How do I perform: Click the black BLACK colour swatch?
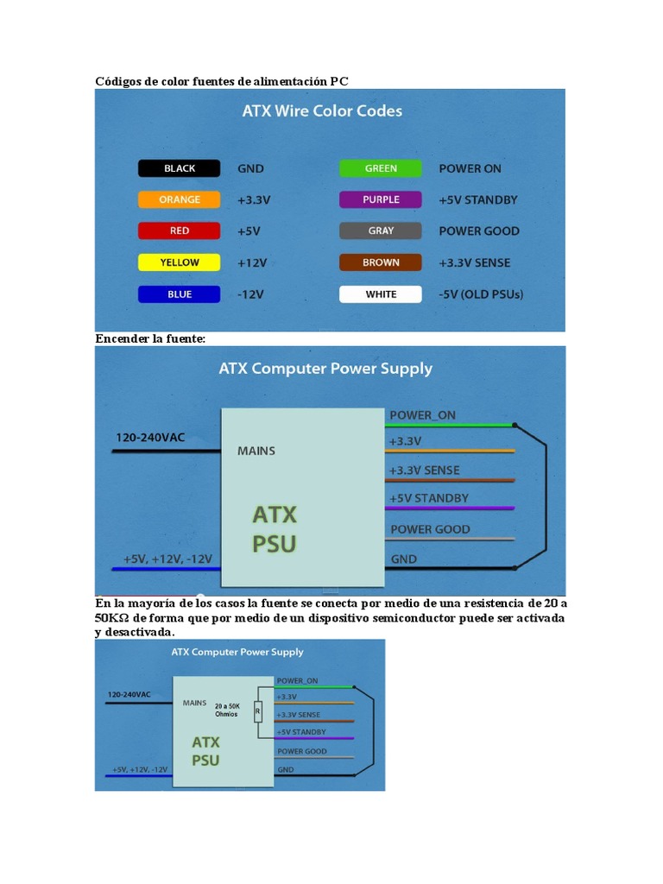pyautogui.click(x=180, y=168)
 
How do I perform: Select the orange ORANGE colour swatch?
pyautogui.click(x=180, y=199)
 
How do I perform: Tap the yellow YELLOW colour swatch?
pyautogui.click(x=180, y=262)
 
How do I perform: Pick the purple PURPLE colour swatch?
pyautogui.click(x=381, y=199)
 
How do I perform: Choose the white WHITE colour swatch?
pyautogui.click(x=381, y=294)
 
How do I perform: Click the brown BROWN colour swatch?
pyautogui.click(x=381, y=262)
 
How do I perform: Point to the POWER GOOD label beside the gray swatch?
pyautogui.click(x=479, y=231)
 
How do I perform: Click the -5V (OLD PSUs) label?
pyautogui.click(x=481, y=294)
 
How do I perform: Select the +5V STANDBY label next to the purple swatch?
pyautogui.click(x=478, y=199)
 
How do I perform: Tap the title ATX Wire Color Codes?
pyautogui.click(x=321, y=111)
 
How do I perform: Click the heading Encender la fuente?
pyautogui.click(x=150, y=339)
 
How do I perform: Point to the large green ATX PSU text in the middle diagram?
pyautogui.click(x=275, y=529)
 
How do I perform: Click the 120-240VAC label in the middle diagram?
pyautogui.click(x=150, y=438)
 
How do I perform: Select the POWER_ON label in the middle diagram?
pyautogui.click(x=422, y=415)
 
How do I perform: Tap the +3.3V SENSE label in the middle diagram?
pyautogui.click(x=425, y=470)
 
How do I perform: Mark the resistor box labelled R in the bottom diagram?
pyautogui.click(x=256, y=712)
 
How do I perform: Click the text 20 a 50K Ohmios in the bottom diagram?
pyautogui.click(x=228, y=710)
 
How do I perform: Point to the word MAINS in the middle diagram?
pyautogui.click(x=256, y=451)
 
